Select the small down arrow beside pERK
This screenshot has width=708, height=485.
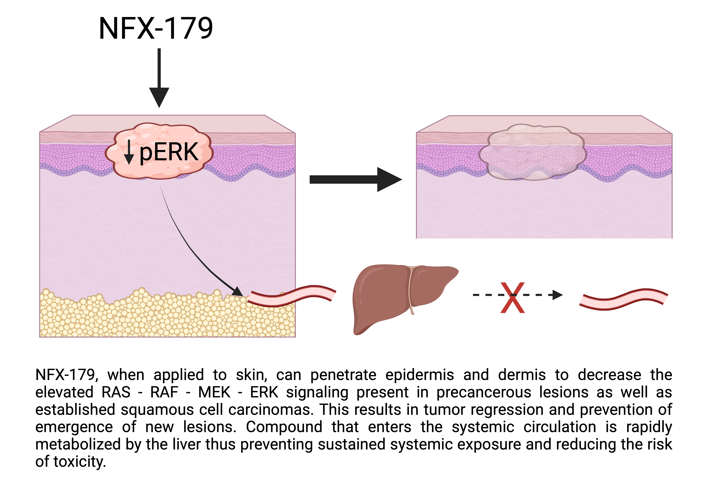[129, 152]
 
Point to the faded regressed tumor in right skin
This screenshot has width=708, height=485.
[532, 152]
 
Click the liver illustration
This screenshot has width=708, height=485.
[396, 296]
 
